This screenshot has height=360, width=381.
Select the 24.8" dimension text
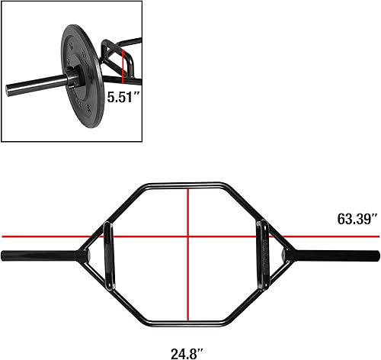click(x=189, y=333)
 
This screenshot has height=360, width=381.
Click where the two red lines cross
click(x=188, y=237)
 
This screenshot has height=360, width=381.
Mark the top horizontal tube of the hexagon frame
click(x=188, y=185)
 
